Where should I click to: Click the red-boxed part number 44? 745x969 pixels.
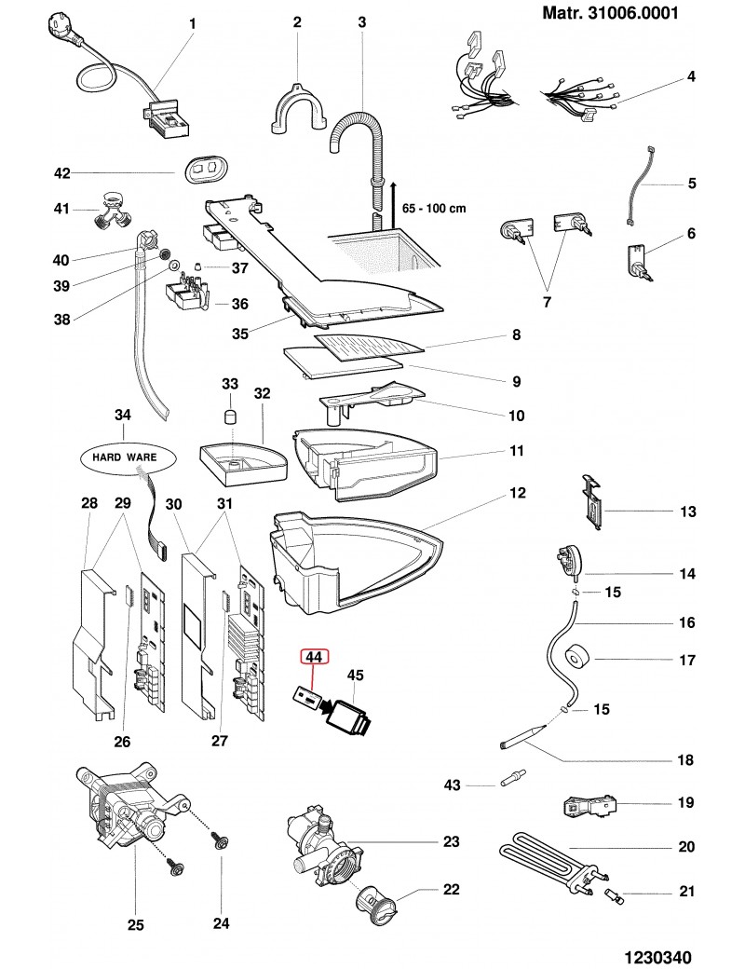click(x=314, y=657)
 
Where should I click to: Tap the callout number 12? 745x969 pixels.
click(x=517, y=492)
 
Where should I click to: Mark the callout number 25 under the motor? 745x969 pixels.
click(x=135, y=925)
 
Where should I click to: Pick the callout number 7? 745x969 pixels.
click(x=547, y=302)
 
